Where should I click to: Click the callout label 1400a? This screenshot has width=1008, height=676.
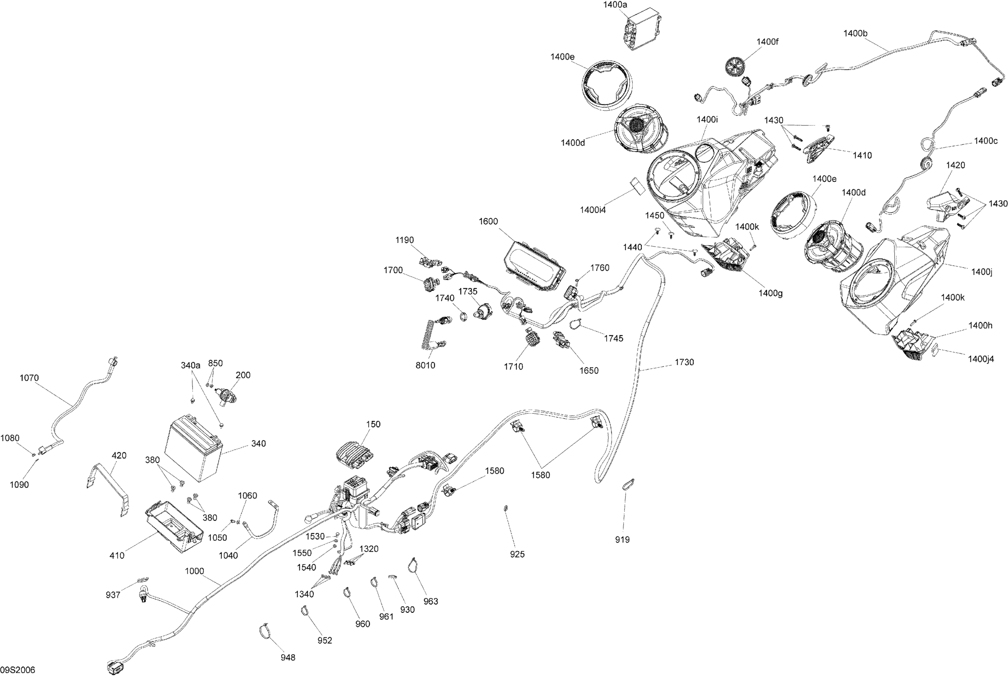pyautogui.click(x=615, y=5)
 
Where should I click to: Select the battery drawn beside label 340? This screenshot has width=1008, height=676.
pyautogui.click(x=193, y=449)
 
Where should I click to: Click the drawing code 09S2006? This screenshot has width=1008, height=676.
pyautogui.click(x=18, y=670)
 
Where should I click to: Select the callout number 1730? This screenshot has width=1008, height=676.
pyautogui.click(x=684, y=362)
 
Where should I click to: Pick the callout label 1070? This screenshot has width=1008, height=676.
pyautogui.click(x=29, y=378)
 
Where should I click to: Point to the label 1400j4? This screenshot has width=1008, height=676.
pyautogui.click(x=981, y=359)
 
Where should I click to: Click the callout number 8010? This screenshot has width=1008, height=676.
pyautogui.click(x=425, y=365)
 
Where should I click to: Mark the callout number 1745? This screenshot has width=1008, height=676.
pyautogui.click(x=613, y=338)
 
